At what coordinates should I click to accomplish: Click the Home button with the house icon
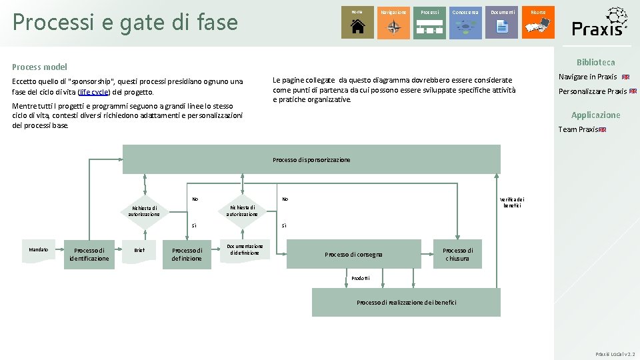357,23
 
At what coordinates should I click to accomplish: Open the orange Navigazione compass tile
393,23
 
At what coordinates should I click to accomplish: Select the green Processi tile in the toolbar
429,23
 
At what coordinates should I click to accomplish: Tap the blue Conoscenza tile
465,23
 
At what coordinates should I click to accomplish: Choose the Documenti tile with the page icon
501,23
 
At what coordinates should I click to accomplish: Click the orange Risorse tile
537,23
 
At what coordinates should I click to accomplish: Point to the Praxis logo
600,23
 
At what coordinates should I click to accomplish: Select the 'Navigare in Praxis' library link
587,77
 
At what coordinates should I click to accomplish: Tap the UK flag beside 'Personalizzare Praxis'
633,91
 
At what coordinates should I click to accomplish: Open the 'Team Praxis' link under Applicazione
577,129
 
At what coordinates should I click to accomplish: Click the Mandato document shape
39,251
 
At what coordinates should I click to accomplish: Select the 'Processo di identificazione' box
89,254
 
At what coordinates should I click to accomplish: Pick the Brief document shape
139,251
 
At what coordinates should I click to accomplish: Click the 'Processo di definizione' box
187,254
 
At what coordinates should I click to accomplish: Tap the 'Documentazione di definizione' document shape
245,249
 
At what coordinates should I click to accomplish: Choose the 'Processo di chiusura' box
457,254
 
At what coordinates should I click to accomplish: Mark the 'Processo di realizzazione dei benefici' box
406,302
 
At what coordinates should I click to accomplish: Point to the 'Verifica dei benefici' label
512,202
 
